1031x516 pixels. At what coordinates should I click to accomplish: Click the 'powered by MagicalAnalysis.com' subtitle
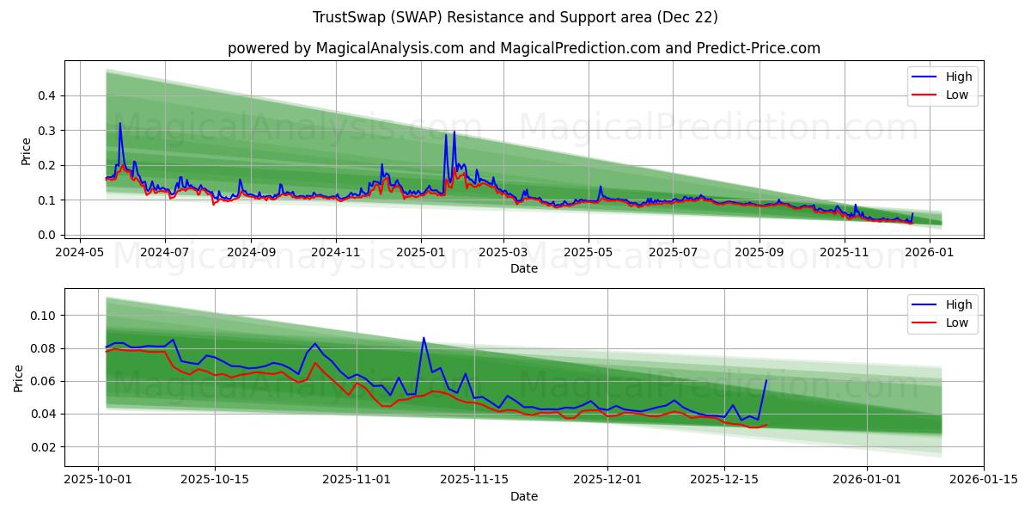(523, 48)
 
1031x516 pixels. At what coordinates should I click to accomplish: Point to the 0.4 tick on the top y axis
(48, 95)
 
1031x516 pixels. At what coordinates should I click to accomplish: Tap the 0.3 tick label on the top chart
(48, 131)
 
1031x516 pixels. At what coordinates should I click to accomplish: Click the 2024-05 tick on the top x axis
(80, 253)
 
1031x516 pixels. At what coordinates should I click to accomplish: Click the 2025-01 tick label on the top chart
(420, 253)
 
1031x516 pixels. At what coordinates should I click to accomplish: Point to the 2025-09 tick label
(759, 253)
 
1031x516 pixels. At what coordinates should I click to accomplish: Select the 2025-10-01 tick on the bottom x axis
(97, 480)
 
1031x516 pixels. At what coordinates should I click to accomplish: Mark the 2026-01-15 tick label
(985, 480)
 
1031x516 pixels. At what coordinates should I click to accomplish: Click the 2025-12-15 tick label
(723, 480)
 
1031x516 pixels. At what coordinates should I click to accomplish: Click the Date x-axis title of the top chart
(523, 268)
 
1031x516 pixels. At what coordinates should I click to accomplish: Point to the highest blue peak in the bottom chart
(424, 338)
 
